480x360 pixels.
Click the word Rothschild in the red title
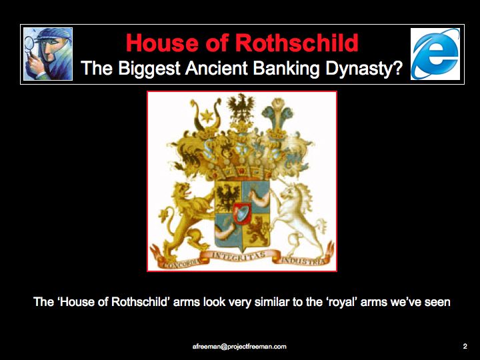click(x=297, y=43)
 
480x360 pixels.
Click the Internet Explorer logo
click(x=435, y=54)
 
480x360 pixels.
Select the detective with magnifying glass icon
click(x=48, y=54)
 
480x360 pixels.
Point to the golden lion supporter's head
click(x=180, y=191)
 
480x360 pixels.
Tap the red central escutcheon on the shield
click(x=242, y=213)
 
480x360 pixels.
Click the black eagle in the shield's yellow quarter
click(x=228, y=197)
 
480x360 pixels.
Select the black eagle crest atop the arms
click(x=241, y=107)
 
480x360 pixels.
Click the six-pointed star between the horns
click(x=205, y=116)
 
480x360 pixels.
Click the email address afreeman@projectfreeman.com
click(x=239, y=347)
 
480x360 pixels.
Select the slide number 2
click(x=465, y=346)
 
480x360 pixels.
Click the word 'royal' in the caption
click(x=342, y=302)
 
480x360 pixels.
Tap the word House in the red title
click(x=161, y=43)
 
